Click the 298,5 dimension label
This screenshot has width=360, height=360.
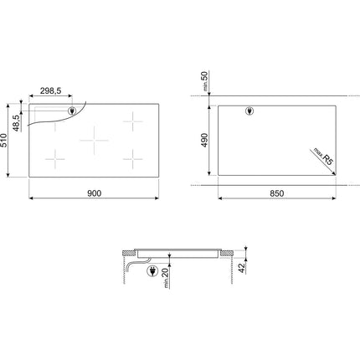50,90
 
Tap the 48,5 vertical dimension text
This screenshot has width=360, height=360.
16,123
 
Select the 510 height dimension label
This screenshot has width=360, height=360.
3,141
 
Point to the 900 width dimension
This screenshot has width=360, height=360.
94,193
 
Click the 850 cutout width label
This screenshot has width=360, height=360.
277,193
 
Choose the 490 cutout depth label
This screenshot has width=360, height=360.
204,140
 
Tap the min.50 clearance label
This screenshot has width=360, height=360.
205,81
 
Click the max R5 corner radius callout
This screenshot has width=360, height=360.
324,157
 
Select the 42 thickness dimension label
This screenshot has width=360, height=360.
242,268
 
